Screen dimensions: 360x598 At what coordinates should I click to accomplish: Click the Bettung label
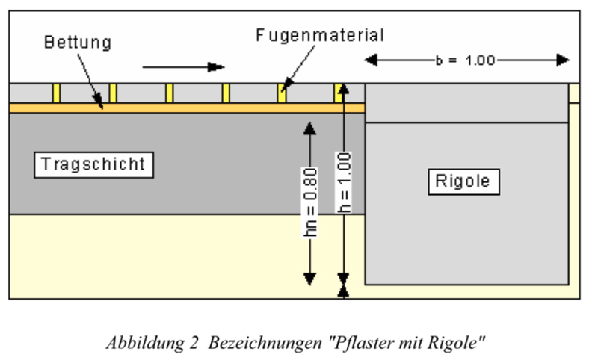click(77, 42)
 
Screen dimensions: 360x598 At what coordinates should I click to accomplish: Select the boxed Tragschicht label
click(93, 164)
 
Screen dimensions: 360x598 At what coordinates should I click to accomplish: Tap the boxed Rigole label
click(463, 181)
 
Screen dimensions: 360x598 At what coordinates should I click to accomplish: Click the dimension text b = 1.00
click(465, 60)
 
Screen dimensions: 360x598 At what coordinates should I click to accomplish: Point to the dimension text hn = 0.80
click(311, 202)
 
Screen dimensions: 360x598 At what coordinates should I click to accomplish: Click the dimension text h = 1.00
click(343, 183)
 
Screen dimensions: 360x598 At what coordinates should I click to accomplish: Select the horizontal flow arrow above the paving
click(183, 67)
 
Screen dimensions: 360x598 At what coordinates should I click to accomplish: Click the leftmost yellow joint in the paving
click(56, 93)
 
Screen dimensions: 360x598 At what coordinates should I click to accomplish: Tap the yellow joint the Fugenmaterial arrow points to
click(282, 93)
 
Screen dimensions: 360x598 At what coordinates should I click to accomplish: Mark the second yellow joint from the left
click(113, 93)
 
